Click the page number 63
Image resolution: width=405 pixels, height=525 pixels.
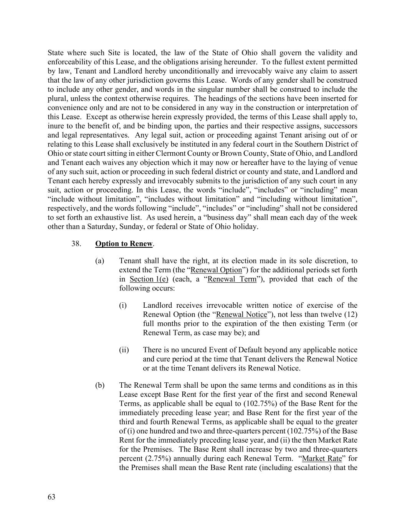coord(51,497)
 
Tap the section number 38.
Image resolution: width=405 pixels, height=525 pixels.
coord(76,244)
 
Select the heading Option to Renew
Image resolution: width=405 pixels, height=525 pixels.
coord(124,244)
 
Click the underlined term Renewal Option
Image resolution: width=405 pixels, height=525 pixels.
coord(216,270)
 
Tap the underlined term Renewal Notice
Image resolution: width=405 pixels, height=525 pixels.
coord(241,315)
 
